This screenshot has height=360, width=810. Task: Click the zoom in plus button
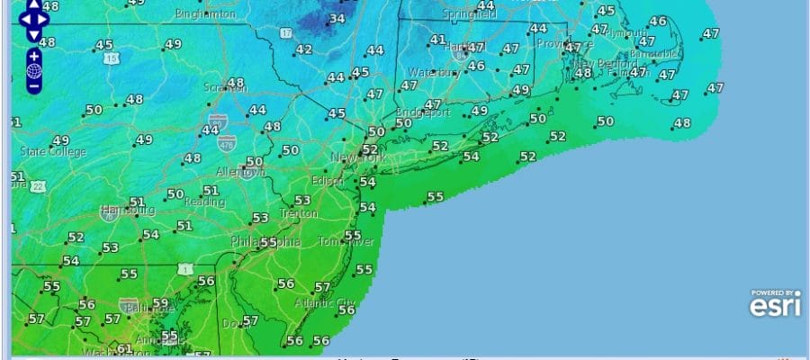pyautogui.click(x=33, y=56)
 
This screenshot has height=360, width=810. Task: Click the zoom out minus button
pyautogui.click(x=33, y=87)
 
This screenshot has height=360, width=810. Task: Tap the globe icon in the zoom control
pyautogui.click(x=33, y=71)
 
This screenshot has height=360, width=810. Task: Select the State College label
pyautogui.click(x=53, y=152)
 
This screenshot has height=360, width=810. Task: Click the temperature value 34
pyautogui.click(x=338, y=18)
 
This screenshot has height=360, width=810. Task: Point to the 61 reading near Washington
pyautogui.click(x=124, y=349)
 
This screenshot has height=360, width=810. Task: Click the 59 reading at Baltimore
pyautogui.click(x=160, y=304)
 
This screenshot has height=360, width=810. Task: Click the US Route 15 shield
pyautogui.click(x=111, y=58)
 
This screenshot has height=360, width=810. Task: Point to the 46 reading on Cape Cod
pyautogui.click(x=658, y=22)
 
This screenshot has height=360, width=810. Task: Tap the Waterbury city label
pyautogui.click(x=434, y=72)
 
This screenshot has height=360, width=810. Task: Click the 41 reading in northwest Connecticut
pyautogui.click(x=437, y=40)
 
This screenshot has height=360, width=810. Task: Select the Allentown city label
pyautogui.click(x=238, y=171)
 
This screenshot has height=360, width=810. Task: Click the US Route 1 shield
pyautogui.click(x=185, y=268)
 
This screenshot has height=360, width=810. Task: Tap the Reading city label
pyautogui.click(x=206, y=204)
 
